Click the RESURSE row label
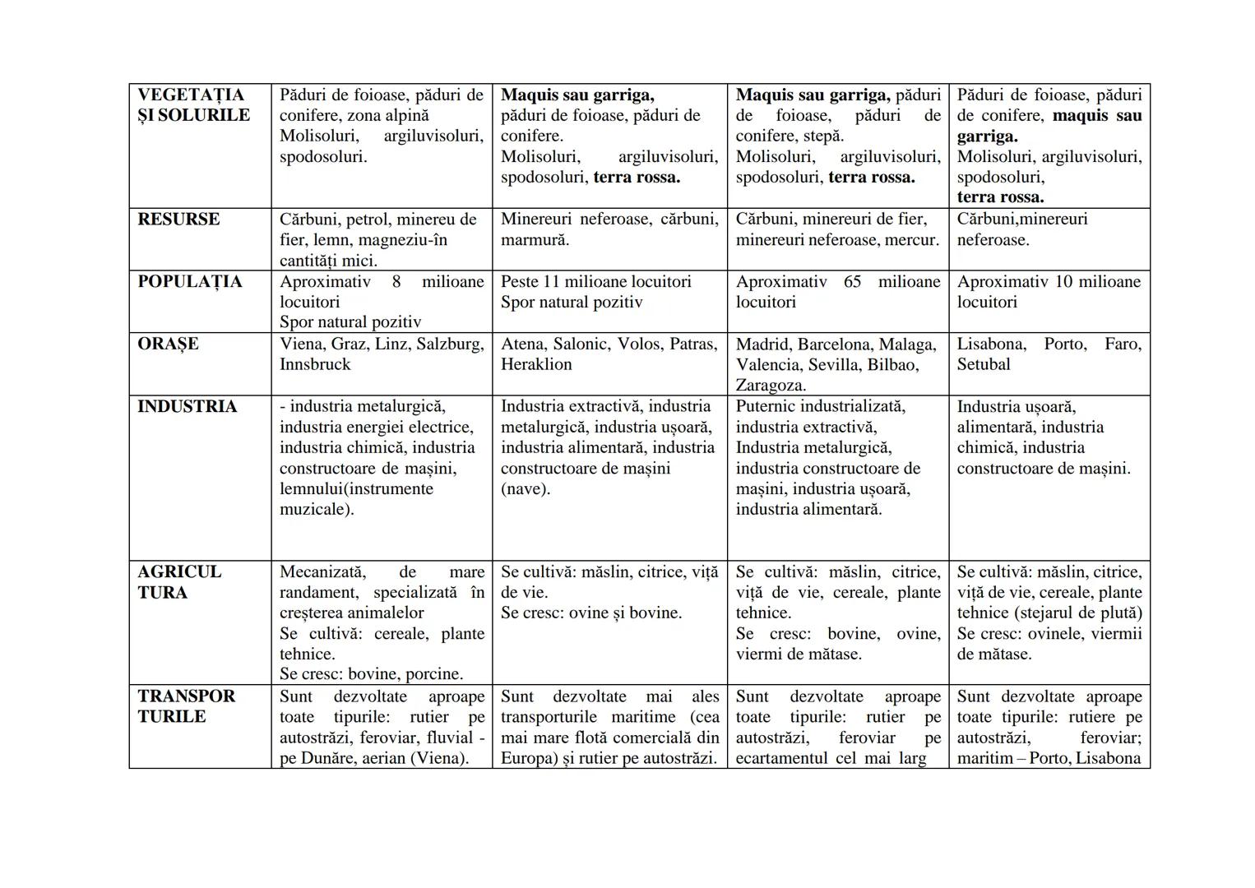point(178,220)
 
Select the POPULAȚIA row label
point(190,282)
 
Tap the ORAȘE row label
point(168,344)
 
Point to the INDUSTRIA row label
point(187,407)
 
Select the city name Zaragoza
point(770,385)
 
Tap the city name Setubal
point(984,364)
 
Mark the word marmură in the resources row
point(535,240)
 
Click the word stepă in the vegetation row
point(825,136)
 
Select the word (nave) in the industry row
point(525,489)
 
